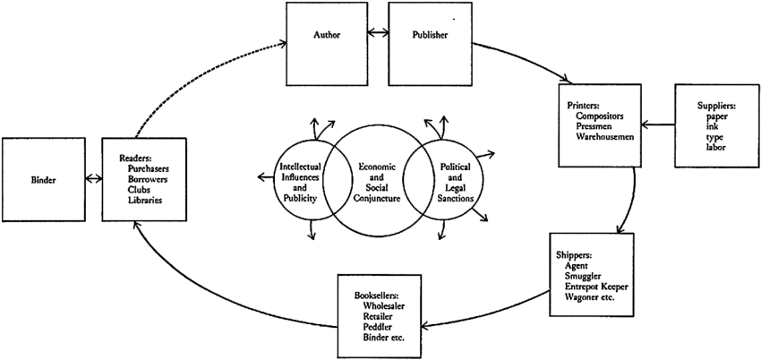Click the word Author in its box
pyautogui.click(x=328, y=35)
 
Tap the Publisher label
pyautogui.click(x=429, y=35)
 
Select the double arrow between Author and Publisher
pyautogui.click(x=377, y=35)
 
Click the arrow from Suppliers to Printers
pyautogui.click(x=658, y=125)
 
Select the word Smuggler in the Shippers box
pyautogui.click(x=586, y=277)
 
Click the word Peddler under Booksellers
pyautogui.click(x=382, y=326)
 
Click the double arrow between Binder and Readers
pyautogui.click(x=90, y=179)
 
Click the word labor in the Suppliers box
pyautogui.click(x=716, y=148)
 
